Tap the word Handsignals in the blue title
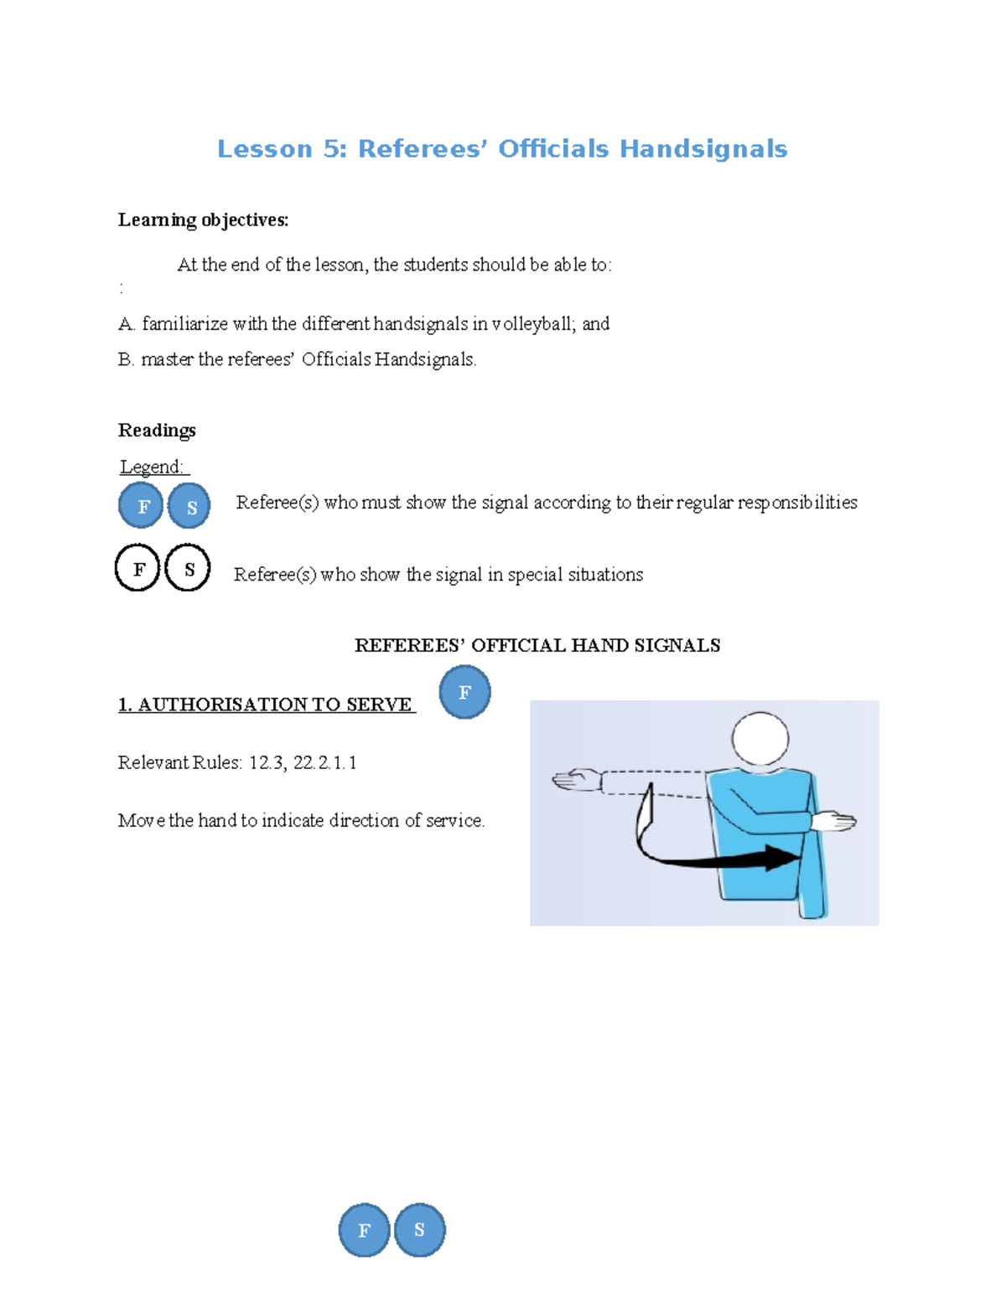(x=703, y=149)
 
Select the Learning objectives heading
(x=203, y=220)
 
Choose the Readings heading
(x=157, y=431)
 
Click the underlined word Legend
(x=152, y=467)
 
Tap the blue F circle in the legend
(x=141, y=506)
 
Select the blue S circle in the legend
(x=189, y=506)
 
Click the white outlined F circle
(x=137, y=568)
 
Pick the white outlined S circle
(x=188, y=568)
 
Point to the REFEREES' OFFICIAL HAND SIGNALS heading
(x=537, y=646)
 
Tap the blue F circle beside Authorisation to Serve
(x=464, y=692)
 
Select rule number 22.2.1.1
(x=325, y=763)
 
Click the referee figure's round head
(x=760, y=739)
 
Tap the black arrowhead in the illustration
(x=783, y=858)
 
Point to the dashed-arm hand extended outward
(x=576, y=780)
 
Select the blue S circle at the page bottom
(x=419, y=1230)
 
